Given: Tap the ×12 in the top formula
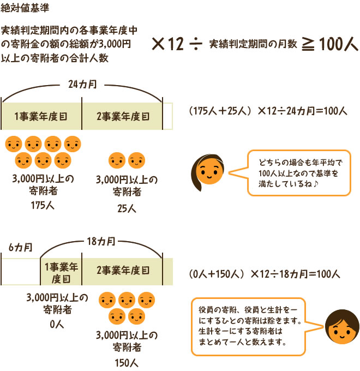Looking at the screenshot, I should point(167,45).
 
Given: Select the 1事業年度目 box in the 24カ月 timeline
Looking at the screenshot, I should point(41,116).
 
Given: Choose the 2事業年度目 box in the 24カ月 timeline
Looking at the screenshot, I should point(122,116).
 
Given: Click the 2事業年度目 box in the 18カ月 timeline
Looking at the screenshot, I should point(122,271).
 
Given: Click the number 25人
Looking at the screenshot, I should point(127,208).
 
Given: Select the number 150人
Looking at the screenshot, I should point(127,362).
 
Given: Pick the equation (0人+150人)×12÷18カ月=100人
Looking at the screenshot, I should point(265,273).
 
